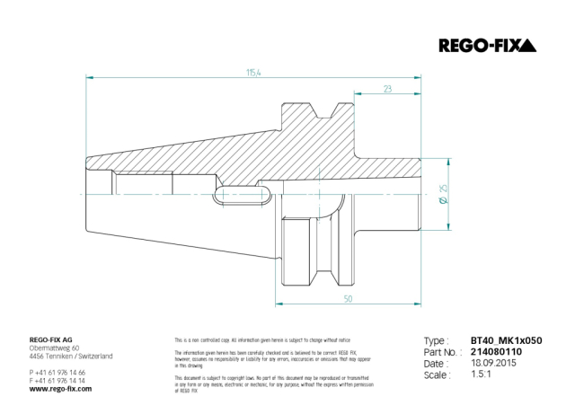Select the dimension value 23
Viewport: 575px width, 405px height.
click(x=386, y=89)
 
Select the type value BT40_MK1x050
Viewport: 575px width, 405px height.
click(x=506, y=342)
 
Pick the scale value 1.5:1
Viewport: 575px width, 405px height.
click(x=482, y=376)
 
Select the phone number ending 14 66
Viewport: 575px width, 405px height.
click(x=57, y=372)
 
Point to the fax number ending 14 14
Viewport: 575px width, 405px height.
click(x=57, y=380)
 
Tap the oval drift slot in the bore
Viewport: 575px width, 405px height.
click(x=246, y=191)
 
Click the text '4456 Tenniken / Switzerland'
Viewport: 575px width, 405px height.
click(x=71, y=357)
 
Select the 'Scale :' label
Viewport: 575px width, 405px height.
click(x=438, y=376)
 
